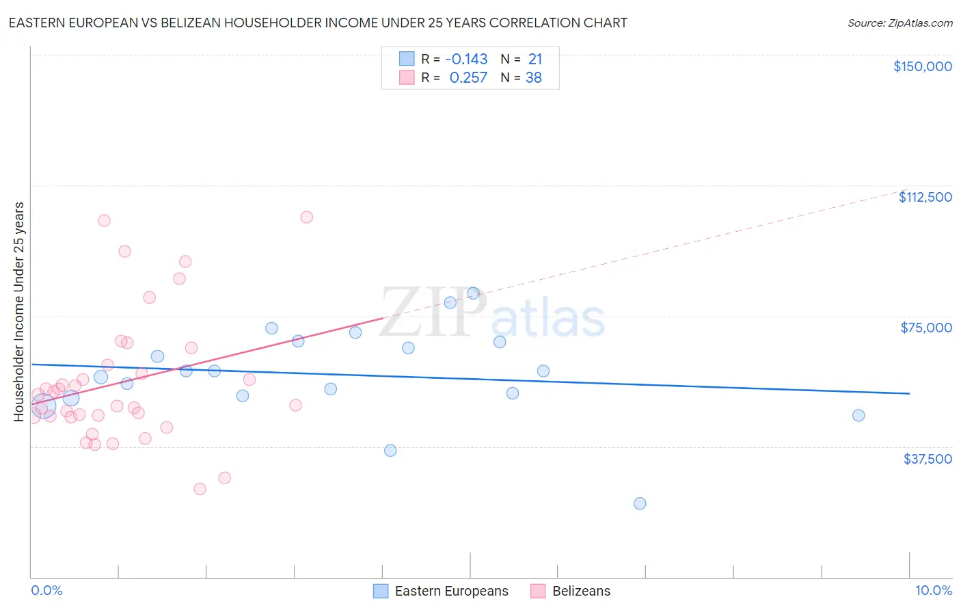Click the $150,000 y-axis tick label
pyautogui.click(x=922, y=66)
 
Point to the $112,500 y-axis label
pyautogui.click(x=925, y=197)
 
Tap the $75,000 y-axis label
pyautogui.click(x=926, y=328)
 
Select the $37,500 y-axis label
pyautogui.click(x=928, y=459)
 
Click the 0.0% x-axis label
pyautogui.click(x=46, y=590)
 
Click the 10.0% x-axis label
pyautogui.click(x=933, y=590)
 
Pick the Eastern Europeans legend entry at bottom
pyautogui.click(x=451, y=591)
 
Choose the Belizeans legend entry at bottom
pyautogui.click(x=581, y=591)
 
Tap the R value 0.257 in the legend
pyautogui.click(x=468, y=78)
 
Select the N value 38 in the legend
pyautogui.click(x=533, y=78)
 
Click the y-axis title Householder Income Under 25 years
pyautogui.click(x=18, y=311)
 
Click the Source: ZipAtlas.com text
pyautogui.click(x=899, y=23)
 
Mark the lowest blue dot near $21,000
pyautogui.click(x=640, y=503)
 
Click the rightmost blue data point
pyautogui.click(x=858, y=415)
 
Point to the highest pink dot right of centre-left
pyautogui.click(x=306, y=217)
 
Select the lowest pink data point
pyautogui.click(x=200, y=488)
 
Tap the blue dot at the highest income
pyautogui.click(x=473, y=293)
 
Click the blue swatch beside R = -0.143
pyautogui.click(x=407, y=59)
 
